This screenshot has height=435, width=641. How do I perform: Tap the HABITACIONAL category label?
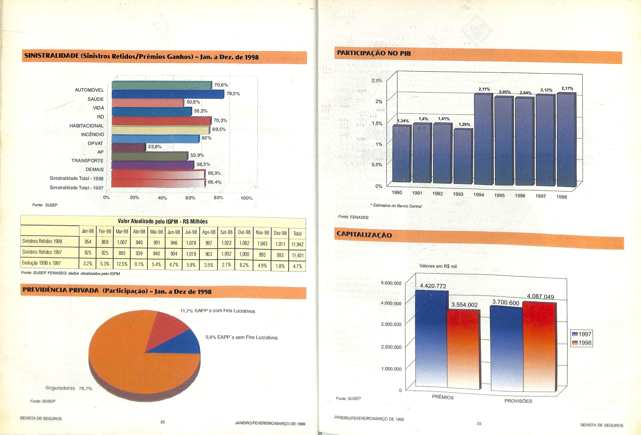point(86,126)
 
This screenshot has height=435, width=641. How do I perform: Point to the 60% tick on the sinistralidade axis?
point(190,198)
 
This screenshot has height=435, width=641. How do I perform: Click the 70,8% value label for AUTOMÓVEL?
point(221,85)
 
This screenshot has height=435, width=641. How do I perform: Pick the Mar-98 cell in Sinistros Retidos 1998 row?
point(122,242)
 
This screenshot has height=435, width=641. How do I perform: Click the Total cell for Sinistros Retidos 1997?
point(297,255)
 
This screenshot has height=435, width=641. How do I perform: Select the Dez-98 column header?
point(280,233)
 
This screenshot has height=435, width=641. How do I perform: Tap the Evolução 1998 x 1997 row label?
point(41,263)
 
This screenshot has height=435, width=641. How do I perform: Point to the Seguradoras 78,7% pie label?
point(69,388)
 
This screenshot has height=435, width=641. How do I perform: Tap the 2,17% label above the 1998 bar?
point(567,88)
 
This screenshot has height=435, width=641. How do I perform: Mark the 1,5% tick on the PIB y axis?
point(377,123)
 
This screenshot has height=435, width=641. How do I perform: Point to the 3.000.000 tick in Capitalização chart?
point(391,324)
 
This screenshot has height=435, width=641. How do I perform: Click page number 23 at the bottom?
point(479,423)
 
